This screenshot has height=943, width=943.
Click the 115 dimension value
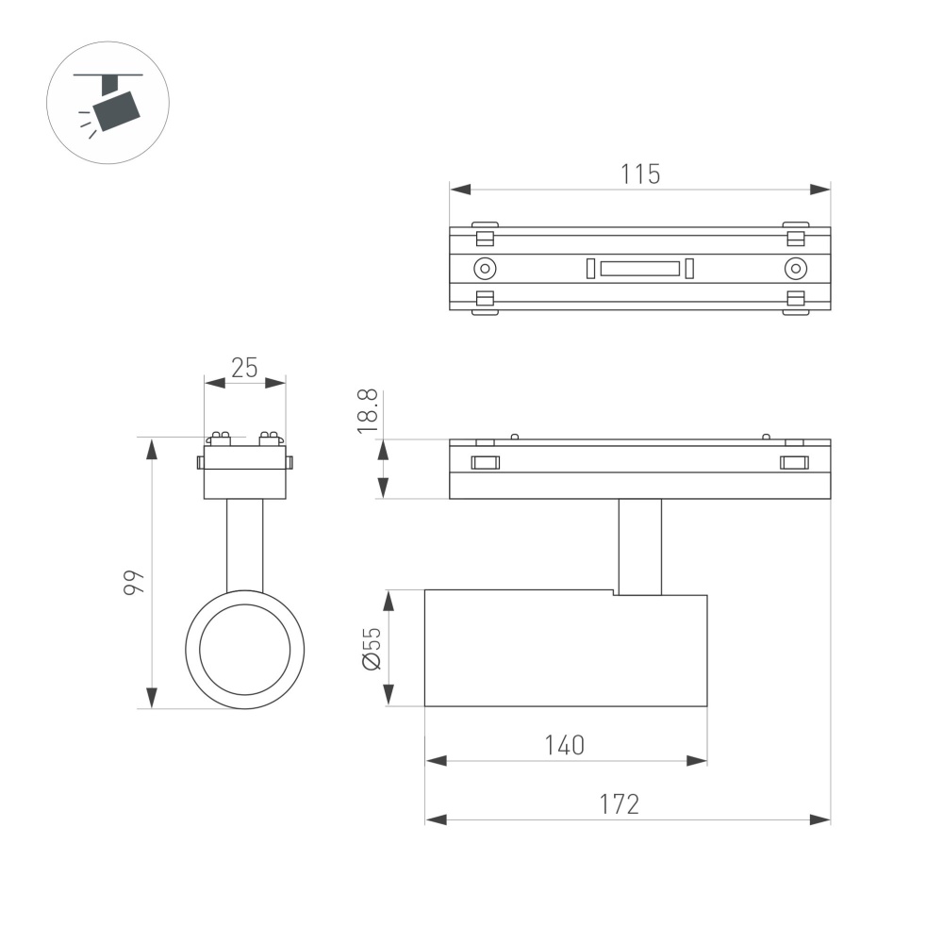pos(640,174)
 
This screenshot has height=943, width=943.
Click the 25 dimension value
pos(245,368)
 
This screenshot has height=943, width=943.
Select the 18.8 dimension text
pos(369,411)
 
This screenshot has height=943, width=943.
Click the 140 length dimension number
pos(565,745)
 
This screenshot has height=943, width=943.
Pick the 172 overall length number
pos(620,804)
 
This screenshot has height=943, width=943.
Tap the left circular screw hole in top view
pos(485,268)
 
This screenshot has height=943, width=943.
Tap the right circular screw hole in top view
pos(796,268)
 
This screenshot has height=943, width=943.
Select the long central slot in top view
pos(640,268)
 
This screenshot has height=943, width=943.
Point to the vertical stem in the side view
pos(639,547)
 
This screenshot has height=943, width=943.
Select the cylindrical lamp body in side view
pos(566,649)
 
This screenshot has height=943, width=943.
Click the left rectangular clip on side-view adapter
pos(485,462)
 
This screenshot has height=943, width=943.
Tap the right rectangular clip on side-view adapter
pos(794,462)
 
